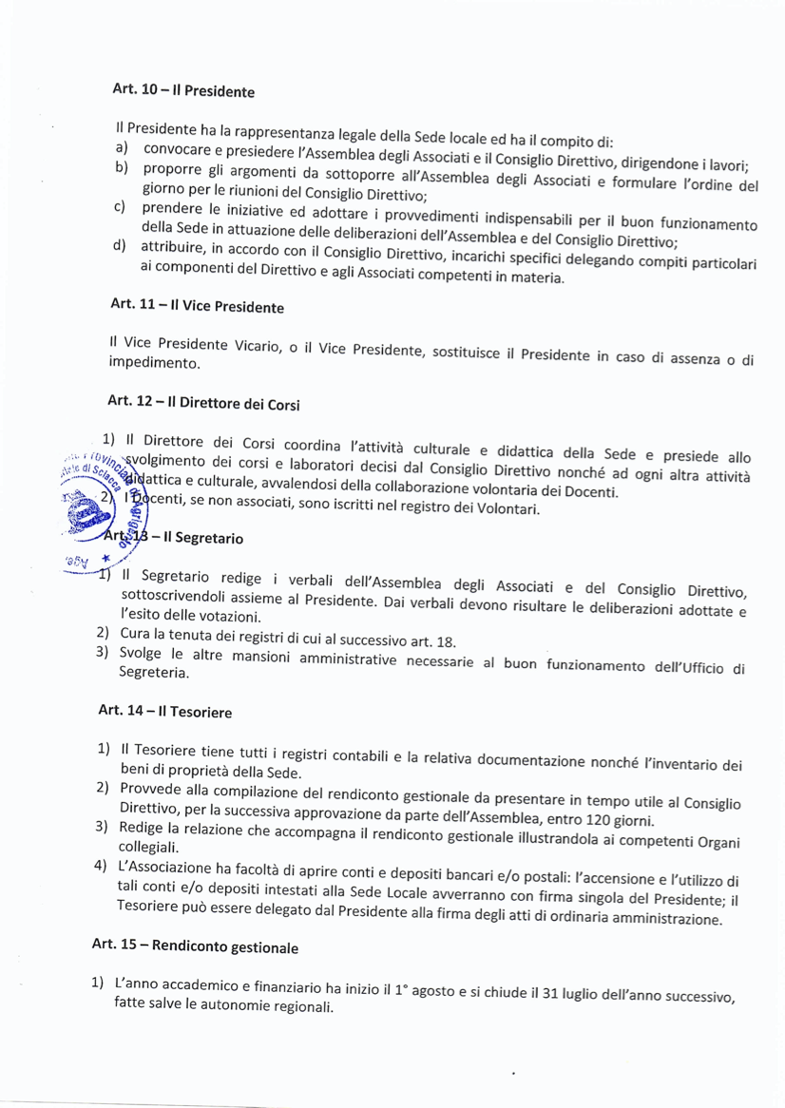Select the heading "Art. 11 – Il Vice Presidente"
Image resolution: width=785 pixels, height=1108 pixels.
click(197, 306)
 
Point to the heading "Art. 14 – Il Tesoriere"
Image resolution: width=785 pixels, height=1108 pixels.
click(165, 710)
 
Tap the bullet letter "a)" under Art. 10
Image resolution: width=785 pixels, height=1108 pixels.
click(122, 148)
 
